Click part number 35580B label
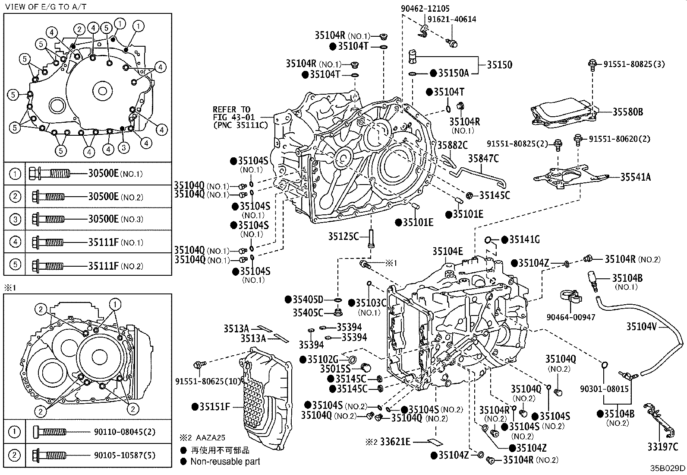tap(628, 112)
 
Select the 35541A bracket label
tap(636, 176)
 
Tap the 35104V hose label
tap(641, 327)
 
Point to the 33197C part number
tap(662, 446)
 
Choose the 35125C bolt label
tap(343, 236)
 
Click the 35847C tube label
tap(483, 159)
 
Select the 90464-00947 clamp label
tap(571, 317)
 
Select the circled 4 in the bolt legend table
tap(15, 242)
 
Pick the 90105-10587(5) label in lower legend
tap(125, 455)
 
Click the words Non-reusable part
tap(225, 462)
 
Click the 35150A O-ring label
tap(453, 73)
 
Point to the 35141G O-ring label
tap(524, 239)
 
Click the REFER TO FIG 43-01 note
tap(240, 117)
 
